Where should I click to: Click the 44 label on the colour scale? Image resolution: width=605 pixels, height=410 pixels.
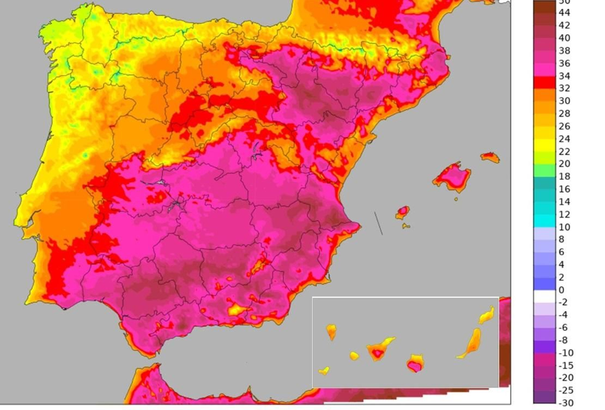pos(564,12)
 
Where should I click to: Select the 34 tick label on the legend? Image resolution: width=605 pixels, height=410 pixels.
pos(564,76)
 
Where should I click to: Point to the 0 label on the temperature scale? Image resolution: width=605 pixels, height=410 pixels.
pos(561,290)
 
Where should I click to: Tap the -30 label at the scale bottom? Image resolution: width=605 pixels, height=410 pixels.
pos(566,403)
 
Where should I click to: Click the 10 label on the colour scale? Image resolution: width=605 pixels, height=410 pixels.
pos(564,227)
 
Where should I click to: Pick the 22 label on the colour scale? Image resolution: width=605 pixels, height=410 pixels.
pos(564,152)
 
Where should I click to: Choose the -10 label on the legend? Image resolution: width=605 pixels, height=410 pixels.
pos(566,353)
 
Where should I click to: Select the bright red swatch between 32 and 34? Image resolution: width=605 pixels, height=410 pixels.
pos(544,82)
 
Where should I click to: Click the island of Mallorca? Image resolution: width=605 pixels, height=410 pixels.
pos(453,177)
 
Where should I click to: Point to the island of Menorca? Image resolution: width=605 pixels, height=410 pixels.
pos(490,157)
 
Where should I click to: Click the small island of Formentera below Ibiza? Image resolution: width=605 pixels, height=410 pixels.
pos(406,226)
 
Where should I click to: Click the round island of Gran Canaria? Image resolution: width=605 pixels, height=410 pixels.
pos(415,363)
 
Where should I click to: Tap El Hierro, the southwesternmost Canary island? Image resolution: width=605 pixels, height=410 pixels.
pos(324,371)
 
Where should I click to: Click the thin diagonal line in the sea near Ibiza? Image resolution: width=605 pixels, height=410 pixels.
pos(379,223)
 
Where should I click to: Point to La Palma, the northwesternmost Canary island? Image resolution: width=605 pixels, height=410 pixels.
pos(331,331)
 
